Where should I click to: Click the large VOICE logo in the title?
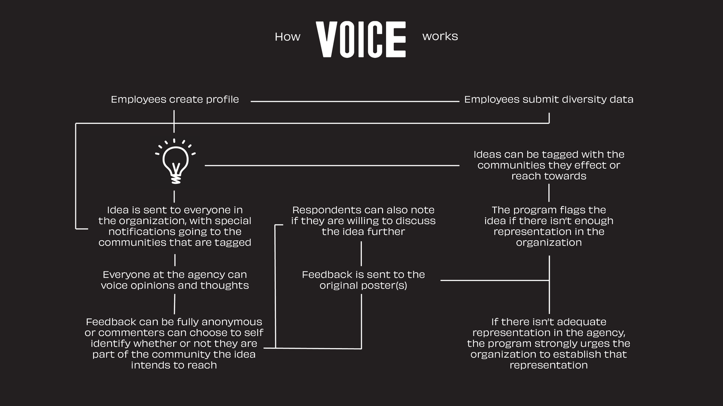pos(360,39)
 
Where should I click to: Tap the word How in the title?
pos(288,37)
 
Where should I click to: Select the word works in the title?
pos(440,36)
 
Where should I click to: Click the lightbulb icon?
pos(175,161)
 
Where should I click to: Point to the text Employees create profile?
pos(175,99)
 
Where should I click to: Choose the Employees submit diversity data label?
pos(549,99)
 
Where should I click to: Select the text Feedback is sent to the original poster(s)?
pos(364,280)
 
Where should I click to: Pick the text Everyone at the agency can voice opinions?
pos(175,280)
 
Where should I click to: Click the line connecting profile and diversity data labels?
pos(355,101)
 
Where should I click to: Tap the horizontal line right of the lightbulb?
pos(332,165)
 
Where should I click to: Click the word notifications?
pos(137,232)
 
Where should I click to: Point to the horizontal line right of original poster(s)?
pos(495,280)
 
